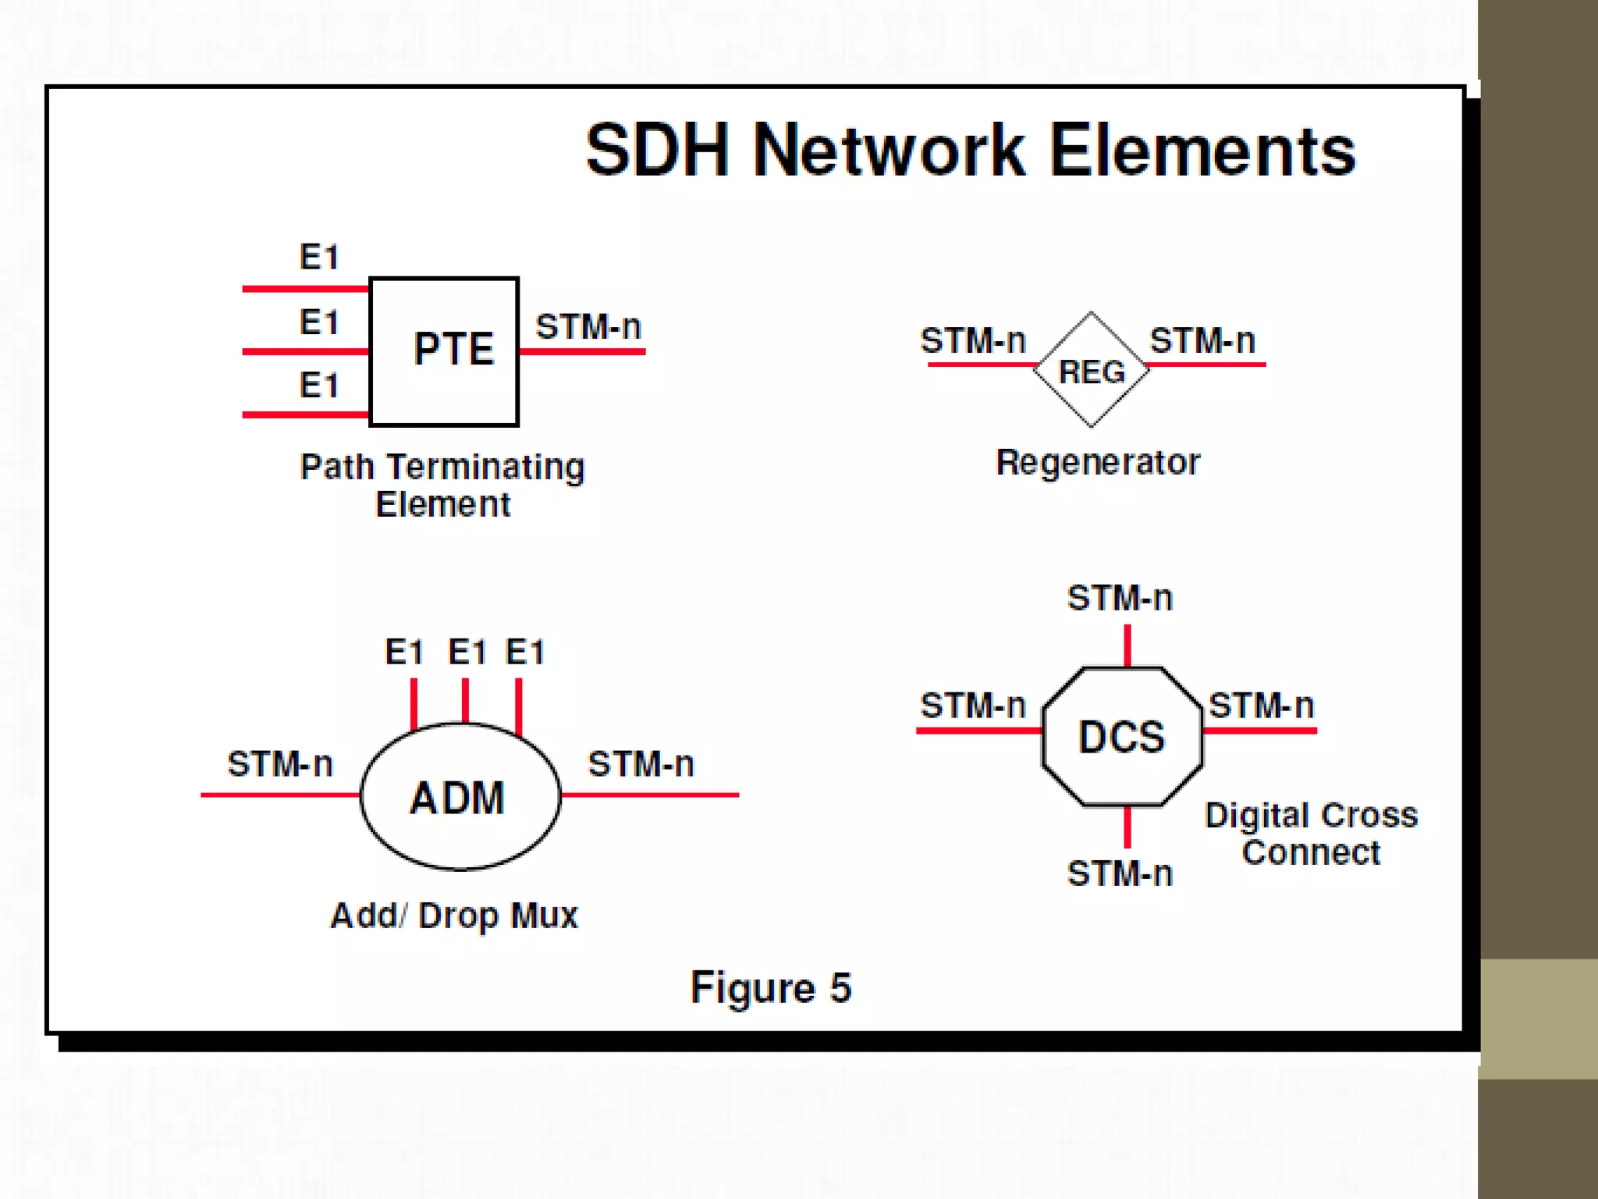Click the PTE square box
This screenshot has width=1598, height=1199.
443,351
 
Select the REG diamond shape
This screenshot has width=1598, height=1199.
1091,370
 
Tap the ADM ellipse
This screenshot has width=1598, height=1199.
460,796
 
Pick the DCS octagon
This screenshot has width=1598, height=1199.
1122,736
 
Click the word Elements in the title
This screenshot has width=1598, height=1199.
1202,150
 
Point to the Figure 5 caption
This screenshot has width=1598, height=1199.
771,987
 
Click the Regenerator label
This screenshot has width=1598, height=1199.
1098,462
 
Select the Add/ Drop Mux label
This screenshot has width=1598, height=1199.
454,916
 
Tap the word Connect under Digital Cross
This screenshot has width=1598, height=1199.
1311,852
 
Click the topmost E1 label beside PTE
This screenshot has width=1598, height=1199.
319,257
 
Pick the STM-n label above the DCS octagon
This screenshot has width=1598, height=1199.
1120,598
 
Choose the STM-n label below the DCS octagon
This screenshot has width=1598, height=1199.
1120,873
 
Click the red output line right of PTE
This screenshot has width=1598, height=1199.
582,352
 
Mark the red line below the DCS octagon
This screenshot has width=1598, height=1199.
1127,827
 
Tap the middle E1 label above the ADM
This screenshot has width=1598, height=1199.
467,652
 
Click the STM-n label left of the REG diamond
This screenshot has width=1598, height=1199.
972,340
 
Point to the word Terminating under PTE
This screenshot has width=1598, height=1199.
485,468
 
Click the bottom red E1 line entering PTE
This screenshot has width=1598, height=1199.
304,414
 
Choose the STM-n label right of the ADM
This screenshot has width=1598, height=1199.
641,763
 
